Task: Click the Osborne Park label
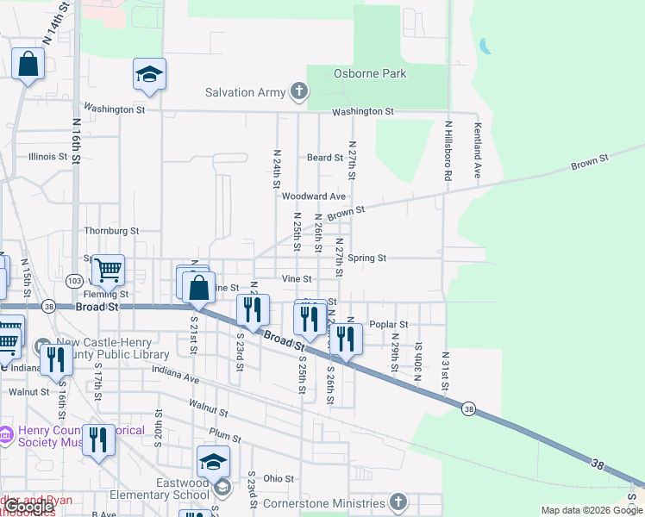(369, 73)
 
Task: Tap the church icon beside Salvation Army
(299, 92)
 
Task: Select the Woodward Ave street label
(314, 196)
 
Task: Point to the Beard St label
(325, 158)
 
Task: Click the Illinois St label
(47, 157)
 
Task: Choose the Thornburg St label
(111, 231)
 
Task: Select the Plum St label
(224, 438)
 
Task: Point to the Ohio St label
(279, 478)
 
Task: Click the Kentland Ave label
(477, 150)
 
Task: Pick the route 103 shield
(75, 281)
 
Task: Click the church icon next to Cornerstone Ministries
(398, 502)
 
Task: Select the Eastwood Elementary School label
(171, 489)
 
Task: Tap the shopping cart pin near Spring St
(109, 271)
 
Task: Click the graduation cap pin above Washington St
(149, 75)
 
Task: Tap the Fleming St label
(101, 294)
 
